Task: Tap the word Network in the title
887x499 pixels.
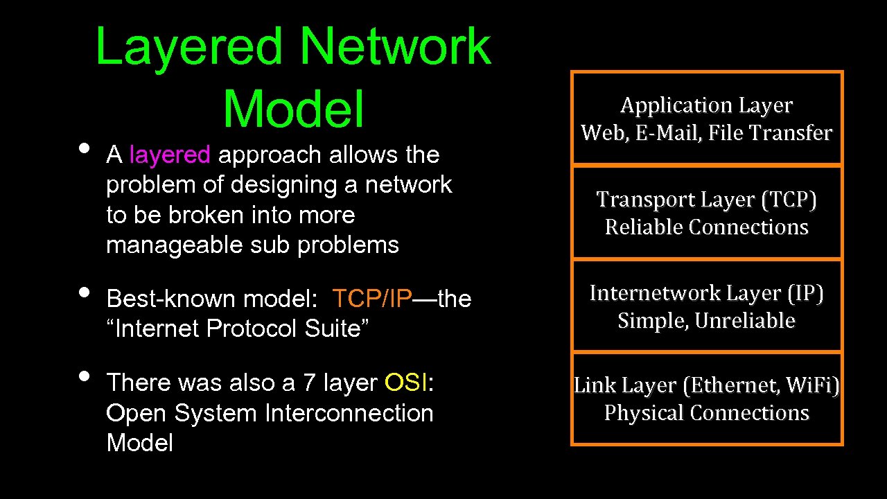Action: coord(396,47)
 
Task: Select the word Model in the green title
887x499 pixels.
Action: coord(293,110)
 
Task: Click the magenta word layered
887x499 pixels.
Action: coord(169,155)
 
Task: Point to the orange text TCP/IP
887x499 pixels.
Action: coord(372,299)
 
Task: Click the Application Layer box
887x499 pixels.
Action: coord(707,119)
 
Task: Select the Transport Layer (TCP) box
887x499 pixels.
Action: coord(707,212)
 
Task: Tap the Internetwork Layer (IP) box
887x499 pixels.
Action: coord(707,306)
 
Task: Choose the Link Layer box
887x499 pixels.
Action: coord(707,399)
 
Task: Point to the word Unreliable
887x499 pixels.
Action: coord(745,320)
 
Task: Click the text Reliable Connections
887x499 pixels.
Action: coord(707,227)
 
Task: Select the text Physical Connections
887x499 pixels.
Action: coord(707,412)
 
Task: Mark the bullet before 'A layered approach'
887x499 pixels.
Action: coord(84,148)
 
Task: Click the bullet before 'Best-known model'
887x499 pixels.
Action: coord(84,292)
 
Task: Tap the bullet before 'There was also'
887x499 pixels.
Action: coord(84,376)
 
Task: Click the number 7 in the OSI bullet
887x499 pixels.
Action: coord(308,383)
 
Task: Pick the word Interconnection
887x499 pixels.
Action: coord(349,413)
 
